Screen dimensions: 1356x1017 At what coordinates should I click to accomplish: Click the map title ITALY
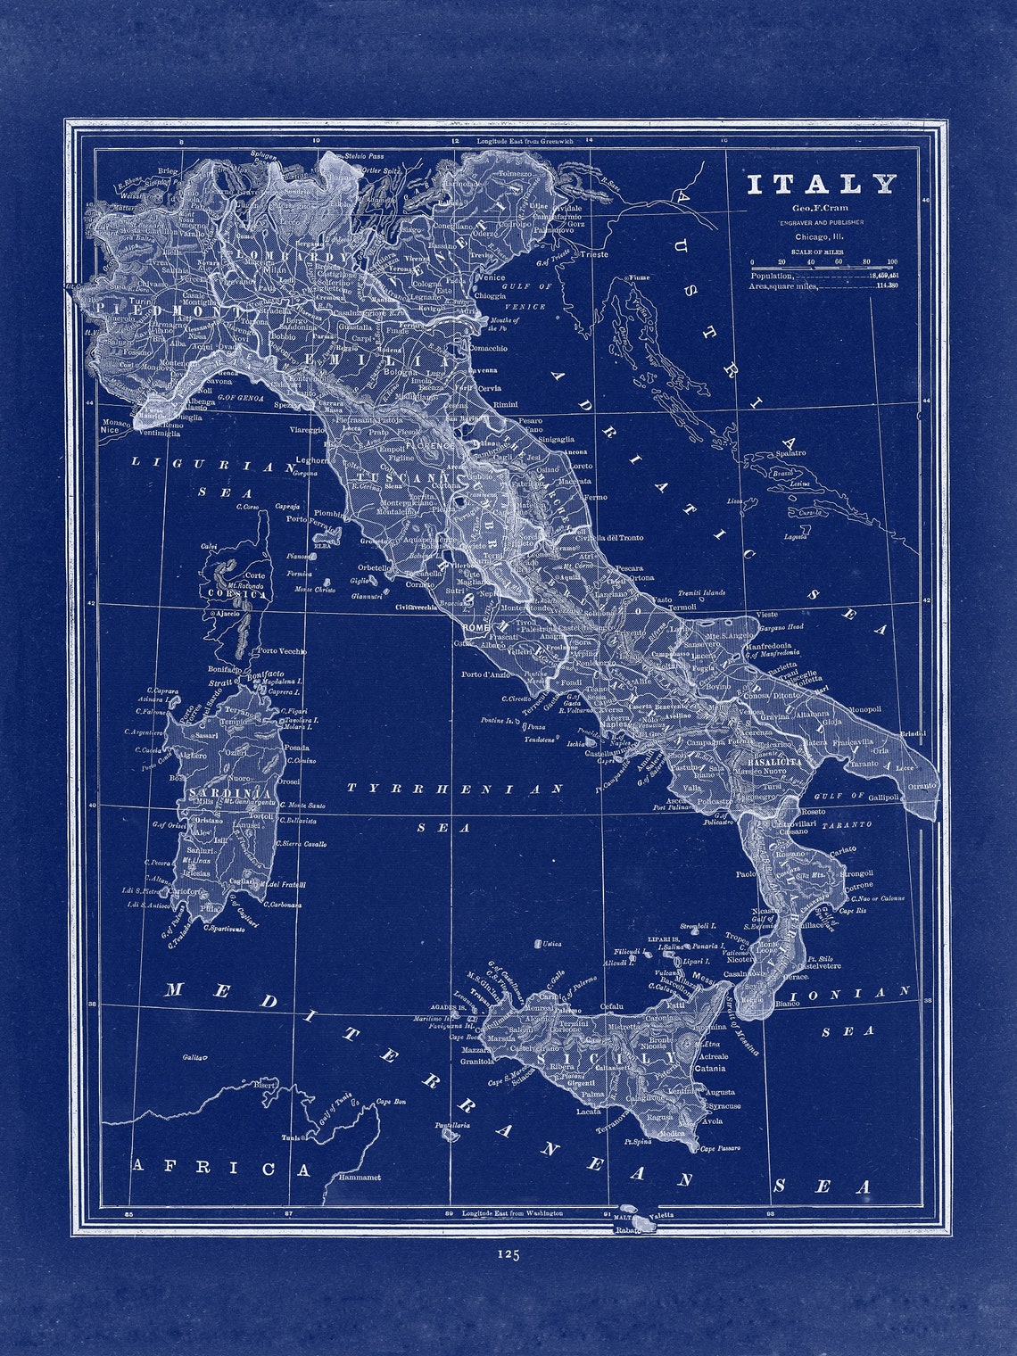pyautogui.click(x=821, y=185)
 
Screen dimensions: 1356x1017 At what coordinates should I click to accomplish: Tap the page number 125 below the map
pyautogui.click(x=508, y=1254)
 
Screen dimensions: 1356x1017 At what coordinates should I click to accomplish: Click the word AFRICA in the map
pyautogui.click(x=222, y=1168)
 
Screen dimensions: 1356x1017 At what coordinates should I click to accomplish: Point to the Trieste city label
pyautogui.click(x=594, y=254)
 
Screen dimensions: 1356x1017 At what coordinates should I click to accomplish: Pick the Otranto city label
pyautogui.click(x=922, y=785)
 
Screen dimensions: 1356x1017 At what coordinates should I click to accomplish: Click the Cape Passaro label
pyautogui.click(x=720, y=1148)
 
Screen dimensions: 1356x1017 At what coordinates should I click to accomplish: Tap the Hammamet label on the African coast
pyautogui.click(x=360, y=1178)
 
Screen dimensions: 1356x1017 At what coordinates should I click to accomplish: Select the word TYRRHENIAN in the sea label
pyautogui.click(x=455, y=789)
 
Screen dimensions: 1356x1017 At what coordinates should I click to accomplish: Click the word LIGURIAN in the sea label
pyautogui.click(x=212, y=464)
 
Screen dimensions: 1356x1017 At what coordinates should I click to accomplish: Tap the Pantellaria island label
pyautogui.click(x=452, y=1126)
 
